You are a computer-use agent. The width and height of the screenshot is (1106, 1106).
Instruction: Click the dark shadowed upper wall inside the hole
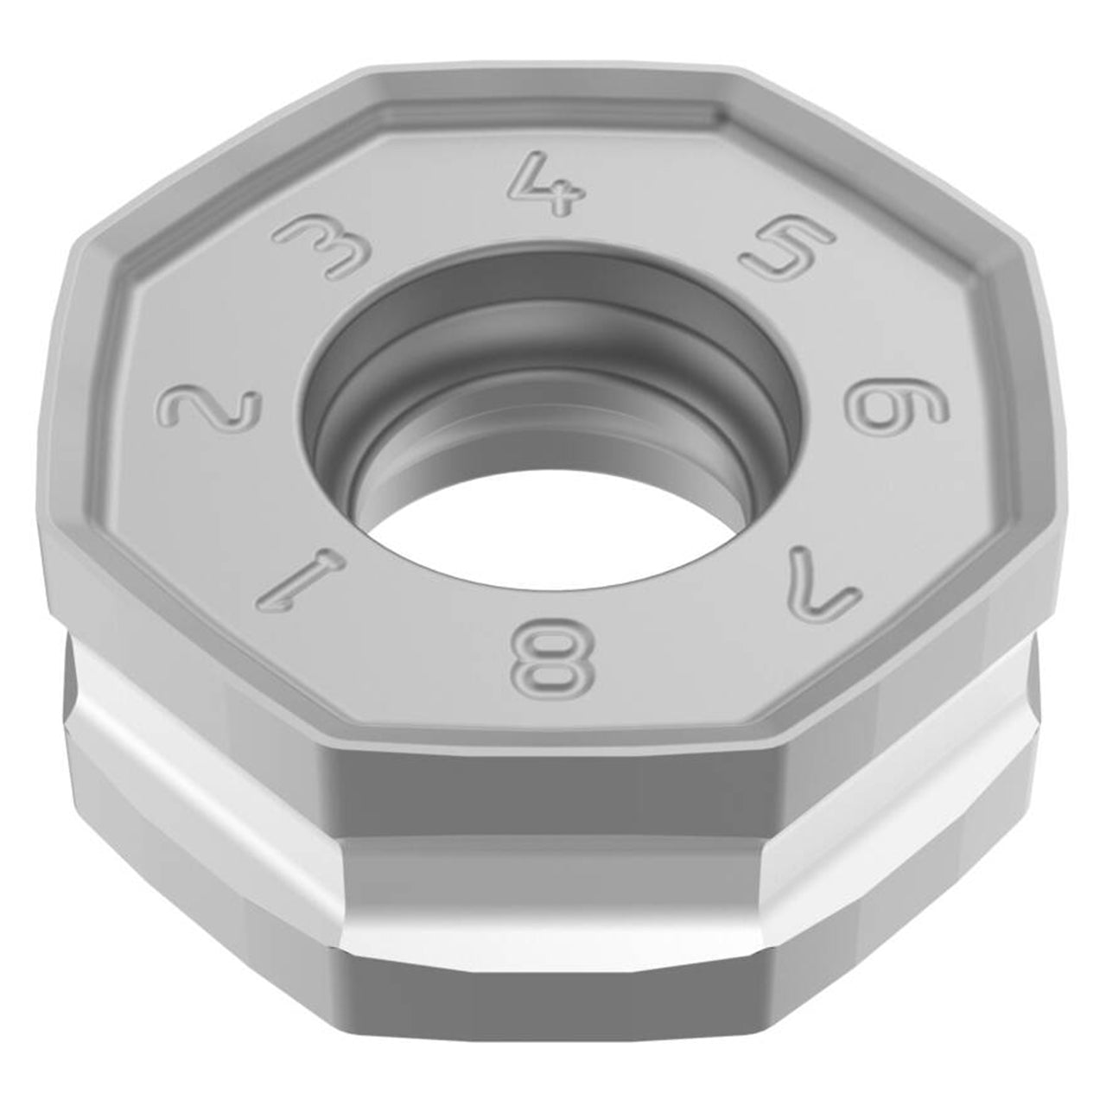(551, 310)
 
